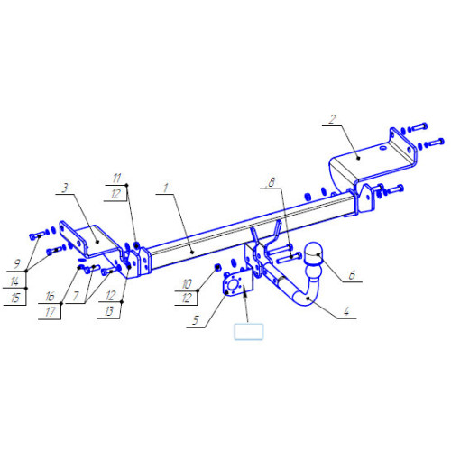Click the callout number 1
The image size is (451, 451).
tap(166, 189)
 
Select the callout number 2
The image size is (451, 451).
tap(332, 120)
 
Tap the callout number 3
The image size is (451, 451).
tap(65, 188)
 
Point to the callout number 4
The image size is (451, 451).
tap(346, 311)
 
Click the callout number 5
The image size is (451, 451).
tap(196, 320)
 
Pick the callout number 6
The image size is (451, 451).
tap(352, 275)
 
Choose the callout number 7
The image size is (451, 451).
tap(76, 297)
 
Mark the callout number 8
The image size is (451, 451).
tap(272, 182)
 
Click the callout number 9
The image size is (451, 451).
tap(17, 264)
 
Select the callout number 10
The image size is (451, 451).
tap(187, 283)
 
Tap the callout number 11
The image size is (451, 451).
tap(116, 179)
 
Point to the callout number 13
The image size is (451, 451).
tap(109, 311)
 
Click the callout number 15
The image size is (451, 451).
tap(14, 298)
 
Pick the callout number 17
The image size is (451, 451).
tap(50, 312)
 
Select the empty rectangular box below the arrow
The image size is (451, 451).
tap(249, 332)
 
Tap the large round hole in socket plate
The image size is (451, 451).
tap(233, 285)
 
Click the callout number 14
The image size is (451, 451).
tap(14, 281)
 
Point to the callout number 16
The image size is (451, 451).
tap(50, 297)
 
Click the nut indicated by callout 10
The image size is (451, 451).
tap(217, 267)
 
